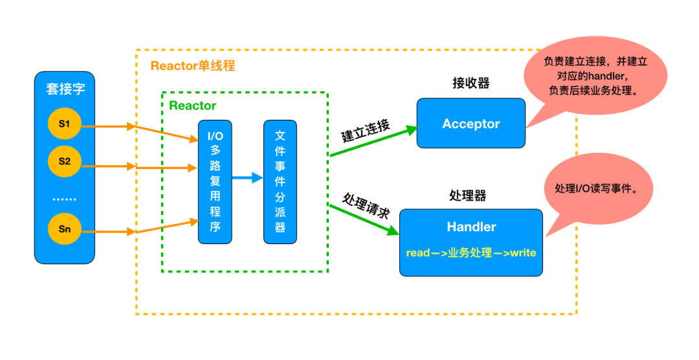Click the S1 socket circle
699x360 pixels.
click(x=64, y=123)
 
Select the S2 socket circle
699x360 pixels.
click(x=64, y=161)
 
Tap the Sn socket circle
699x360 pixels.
click(x=64, y=229)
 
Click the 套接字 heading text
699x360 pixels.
click(x=65, y=89)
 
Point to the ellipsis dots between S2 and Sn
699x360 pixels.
click(x=64, y=198)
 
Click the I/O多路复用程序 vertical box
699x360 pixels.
click(x=214, y=181)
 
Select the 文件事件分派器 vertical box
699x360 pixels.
click(x=280, y=181)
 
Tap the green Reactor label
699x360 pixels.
click(x=192, y=106)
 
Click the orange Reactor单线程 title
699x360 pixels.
click(x=192, y=66)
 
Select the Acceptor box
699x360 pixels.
click(x=471, y=124)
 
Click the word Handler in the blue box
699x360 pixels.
click(x=471, y=227)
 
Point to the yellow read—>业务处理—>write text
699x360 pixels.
click(x=471, y=253)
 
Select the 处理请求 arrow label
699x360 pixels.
click(x=366, y=206)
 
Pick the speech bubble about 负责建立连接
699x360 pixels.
click(x=595, y=76)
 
